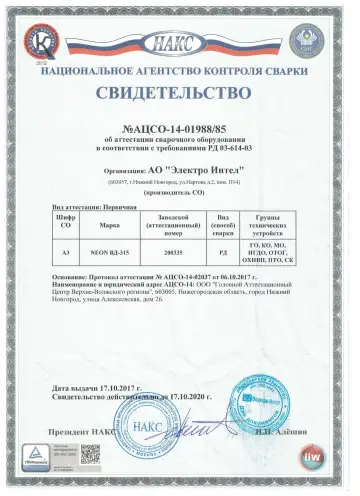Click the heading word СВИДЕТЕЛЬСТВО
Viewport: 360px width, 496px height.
tap(180, 95)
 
